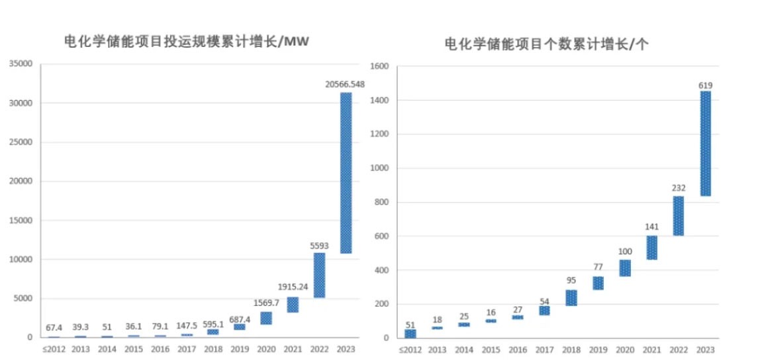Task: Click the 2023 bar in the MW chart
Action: (x=346, y=173)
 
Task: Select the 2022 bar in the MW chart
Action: (x=319, y=275)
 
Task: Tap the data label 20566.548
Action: (x=345, y=84)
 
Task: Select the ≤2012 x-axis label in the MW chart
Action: (x=54, y=349)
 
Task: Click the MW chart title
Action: (x=187, y=42)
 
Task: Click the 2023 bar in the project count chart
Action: (x=706, y=144)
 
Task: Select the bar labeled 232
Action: (x=679, y=216)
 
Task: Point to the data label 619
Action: (x=706, y=85)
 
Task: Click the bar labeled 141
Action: (x=652, y=247)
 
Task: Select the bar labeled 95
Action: (x=571, y=298)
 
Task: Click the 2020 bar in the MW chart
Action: (x=266, y=318)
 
